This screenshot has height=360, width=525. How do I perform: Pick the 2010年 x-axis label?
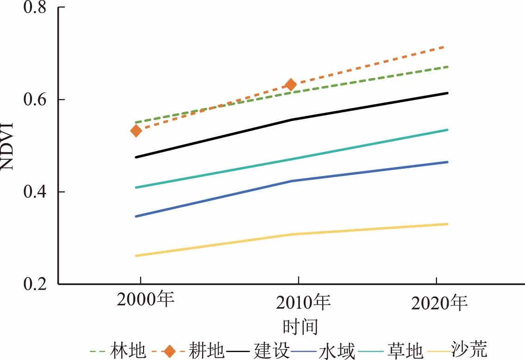coord(303,303)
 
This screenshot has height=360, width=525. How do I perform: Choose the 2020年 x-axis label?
coord(439,303)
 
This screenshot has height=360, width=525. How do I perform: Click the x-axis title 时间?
coord(300,326)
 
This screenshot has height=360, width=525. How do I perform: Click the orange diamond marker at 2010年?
coord(291,84)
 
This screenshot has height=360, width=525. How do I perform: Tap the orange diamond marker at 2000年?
coord(136,131)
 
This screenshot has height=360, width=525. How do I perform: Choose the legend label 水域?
coord(337,351)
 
